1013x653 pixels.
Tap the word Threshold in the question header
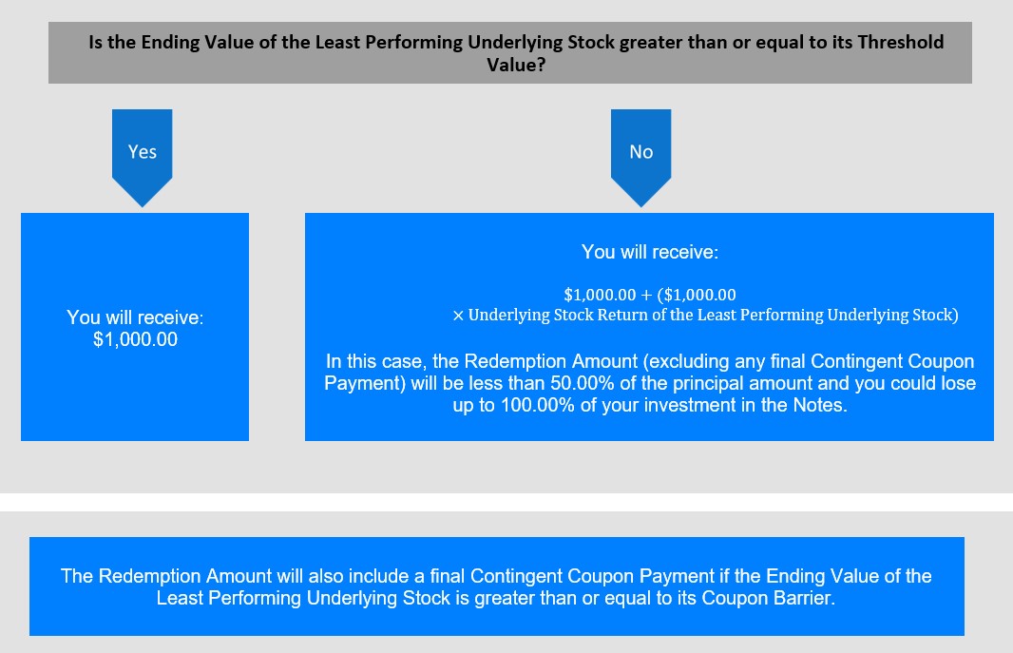coord(901,42)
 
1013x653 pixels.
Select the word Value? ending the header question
coord(516,65)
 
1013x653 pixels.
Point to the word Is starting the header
coord(96,42)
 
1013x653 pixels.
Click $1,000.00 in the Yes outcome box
coord(135,339)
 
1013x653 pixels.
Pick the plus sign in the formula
coord(646,296)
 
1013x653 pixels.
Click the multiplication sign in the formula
coord(458,316)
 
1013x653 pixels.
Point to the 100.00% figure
coord(538,405)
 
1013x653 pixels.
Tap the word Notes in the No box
coord(820,405)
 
